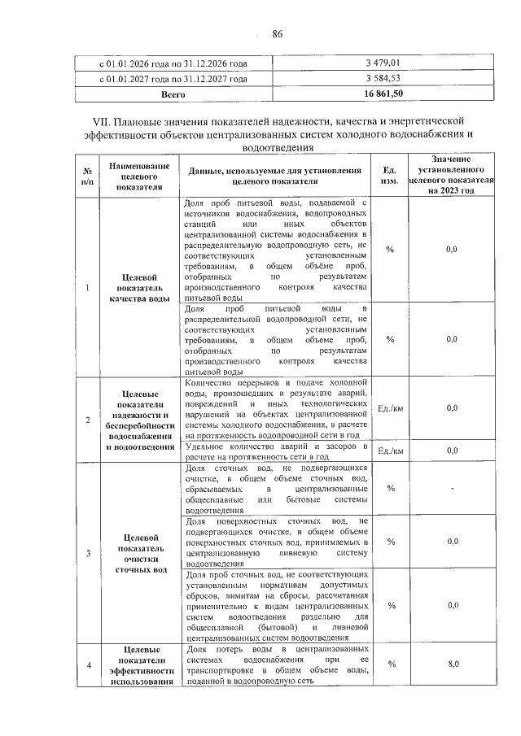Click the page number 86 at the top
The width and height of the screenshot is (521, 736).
277,33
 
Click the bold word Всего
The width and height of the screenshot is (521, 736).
173,94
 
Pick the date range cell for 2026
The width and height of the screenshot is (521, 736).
173,63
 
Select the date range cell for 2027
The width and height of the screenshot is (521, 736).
173,78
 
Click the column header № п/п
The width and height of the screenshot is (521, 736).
86,176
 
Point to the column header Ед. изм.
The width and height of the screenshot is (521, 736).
390,176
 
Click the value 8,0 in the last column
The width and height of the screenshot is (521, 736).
453,664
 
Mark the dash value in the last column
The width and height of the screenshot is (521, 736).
453,488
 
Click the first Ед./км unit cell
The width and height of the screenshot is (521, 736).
391,408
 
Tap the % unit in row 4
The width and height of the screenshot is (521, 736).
391,664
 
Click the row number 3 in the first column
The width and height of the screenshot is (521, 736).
87,553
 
